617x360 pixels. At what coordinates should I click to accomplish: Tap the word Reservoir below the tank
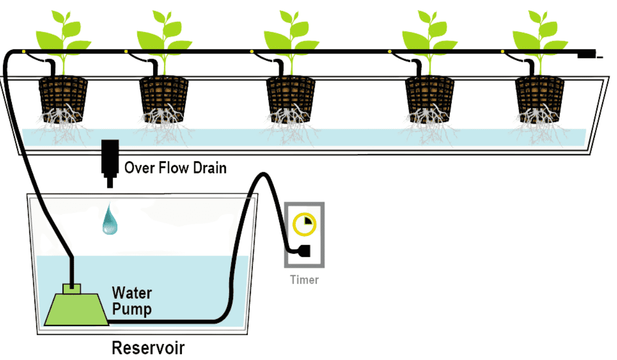pyautogui.click(x=148, y=347)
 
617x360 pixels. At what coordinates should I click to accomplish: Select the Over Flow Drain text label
pyautogui.click(x=175, y=168)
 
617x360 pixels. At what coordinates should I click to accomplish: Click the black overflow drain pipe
pyautogui.click(x=109, y=159)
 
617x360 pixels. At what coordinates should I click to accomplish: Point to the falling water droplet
pyautogui.click(x=110, y=220)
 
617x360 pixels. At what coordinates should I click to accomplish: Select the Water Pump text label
pyautogui.click(x=132, y=301)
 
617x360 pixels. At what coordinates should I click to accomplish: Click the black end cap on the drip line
pyautogui.click(x=586, y=53)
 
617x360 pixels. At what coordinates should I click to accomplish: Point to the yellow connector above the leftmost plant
pyautogui.click(x=24, y=51)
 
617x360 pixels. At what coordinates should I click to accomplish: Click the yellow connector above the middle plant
pyautogui.click(x=251, y=51)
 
